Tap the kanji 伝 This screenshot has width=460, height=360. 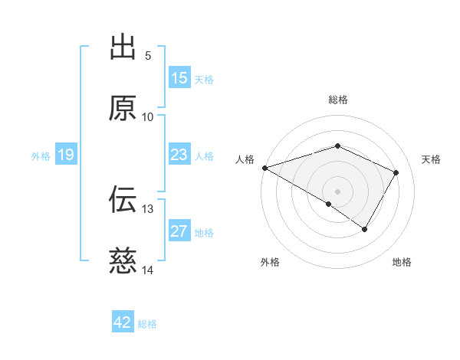point(123,200)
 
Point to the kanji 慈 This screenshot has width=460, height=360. point(123,261)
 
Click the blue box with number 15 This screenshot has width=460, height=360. point(179,78)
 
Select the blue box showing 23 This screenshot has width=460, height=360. point(179,155)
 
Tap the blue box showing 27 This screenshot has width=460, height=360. point(179,231)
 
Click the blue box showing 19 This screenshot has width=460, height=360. point(66,155)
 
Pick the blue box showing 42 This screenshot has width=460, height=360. point(123,322)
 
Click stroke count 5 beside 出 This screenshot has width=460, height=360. point(148,55)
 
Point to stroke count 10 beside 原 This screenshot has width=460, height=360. point(148,116)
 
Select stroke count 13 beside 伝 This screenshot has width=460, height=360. point(148,208)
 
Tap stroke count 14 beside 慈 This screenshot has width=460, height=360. point(148,270)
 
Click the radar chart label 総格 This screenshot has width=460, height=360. point(338,100)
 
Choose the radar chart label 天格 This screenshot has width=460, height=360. point(432,159)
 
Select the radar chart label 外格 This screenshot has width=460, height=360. point(270,262)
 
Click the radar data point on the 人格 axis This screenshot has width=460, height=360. point(264,168)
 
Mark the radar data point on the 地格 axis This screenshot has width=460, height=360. point(365,229)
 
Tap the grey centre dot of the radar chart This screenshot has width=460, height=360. point(337,191)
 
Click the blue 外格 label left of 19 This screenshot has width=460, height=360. point(41,155)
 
